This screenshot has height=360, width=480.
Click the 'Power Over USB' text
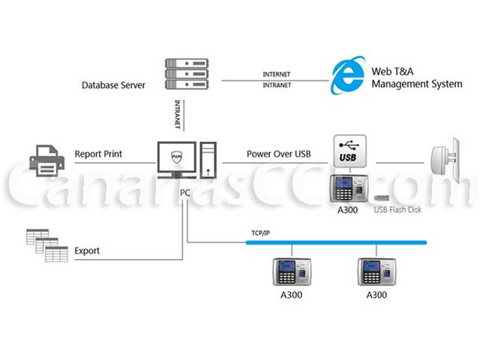point(278,154)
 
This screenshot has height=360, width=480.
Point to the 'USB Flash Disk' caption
point(397,210)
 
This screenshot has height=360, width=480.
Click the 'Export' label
point(87,250)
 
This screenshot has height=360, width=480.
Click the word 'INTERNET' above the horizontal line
point(277,74)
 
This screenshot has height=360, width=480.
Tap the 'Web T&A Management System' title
point(417,77)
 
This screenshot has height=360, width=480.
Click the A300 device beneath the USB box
point(347,188)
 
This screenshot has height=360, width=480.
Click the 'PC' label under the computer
point(186,193)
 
